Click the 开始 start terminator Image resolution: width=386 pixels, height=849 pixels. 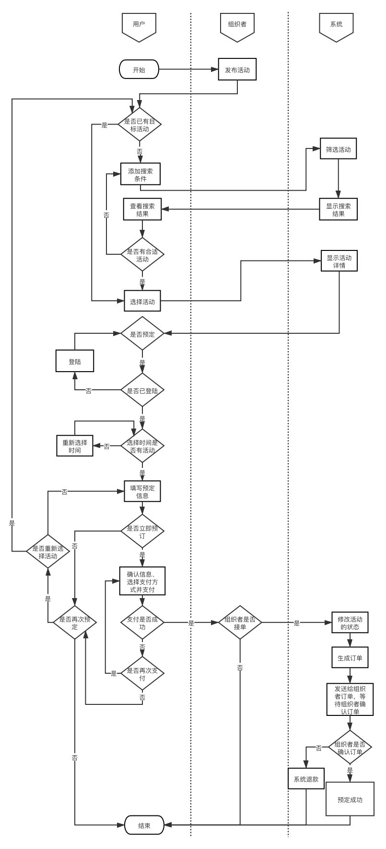point(139,69)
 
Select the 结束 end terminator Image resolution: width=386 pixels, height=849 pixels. point(144,825)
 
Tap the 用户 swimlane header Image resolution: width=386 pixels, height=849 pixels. point(139,25)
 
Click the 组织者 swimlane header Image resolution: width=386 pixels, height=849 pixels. point(237,25)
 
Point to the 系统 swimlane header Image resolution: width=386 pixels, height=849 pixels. point(336,25)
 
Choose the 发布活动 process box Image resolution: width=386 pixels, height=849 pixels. point(237,69)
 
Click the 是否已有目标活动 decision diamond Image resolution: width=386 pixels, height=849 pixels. point(140,125)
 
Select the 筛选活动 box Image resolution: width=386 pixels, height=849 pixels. point(339,149)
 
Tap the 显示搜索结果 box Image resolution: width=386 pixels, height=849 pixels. point(339,209)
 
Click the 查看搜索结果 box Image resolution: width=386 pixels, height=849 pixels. point(142,209)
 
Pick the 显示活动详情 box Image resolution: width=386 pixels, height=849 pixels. point(339,260)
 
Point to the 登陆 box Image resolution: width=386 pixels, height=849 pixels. point(75,361)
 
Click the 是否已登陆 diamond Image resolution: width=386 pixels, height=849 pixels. point(142,390)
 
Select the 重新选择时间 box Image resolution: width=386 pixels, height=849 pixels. point(75,446)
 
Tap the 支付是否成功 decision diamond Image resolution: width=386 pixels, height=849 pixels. point(142,622)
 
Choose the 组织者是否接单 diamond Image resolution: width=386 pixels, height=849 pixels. point(240,622)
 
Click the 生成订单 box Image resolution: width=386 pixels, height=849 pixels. point(350,657)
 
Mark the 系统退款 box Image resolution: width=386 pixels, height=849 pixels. point(306,779)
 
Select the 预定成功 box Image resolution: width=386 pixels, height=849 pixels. point(350,799)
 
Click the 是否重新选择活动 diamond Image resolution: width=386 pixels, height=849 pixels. point(47,552)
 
